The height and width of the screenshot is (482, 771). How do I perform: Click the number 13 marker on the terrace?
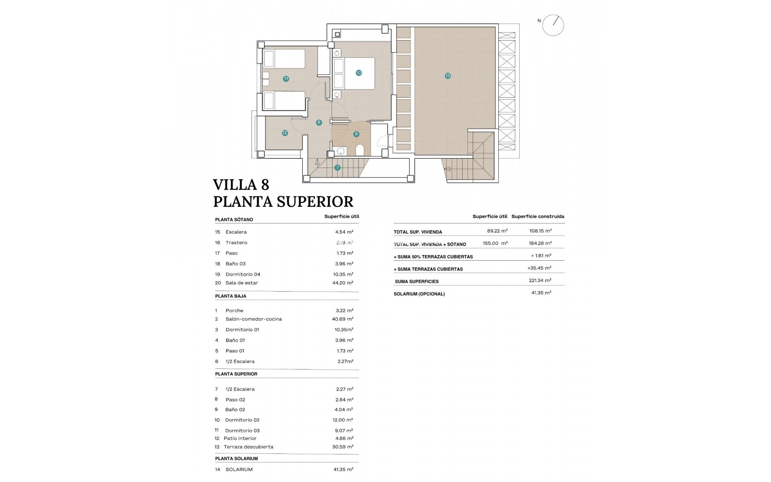(447, 76)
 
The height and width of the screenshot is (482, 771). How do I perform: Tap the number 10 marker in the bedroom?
(359, 73)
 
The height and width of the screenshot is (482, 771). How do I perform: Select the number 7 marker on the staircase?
(337, 167)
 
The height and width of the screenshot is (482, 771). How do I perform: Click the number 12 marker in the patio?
(285, 133)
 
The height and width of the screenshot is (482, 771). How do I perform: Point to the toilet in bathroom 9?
(360, 150)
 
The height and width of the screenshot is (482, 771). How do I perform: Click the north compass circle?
(553, 25)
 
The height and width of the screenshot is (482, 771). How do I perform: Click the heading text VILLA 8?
(241, 185)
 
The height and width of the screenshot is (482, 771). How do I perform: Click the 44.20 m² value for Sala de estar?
(345, 283)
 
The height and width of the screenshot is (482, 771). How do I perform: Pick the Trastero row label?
(236, 243)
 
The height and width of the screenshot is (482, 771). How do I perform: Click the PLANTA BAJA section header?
(230, 296)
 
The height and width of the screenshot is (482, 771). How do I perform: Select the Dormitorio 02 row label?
(242, 420)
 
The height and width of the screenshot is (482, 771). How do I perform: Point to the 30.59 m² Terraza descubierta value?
(345, 447)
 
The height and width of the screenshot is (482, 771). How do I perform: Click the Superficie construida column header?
(538, 216)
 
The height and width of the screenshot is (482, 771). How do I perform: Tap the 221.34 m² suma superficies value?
(540, 280)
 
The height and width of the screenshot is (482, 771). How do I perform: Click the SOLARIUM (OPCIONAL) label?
(419, 294)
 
